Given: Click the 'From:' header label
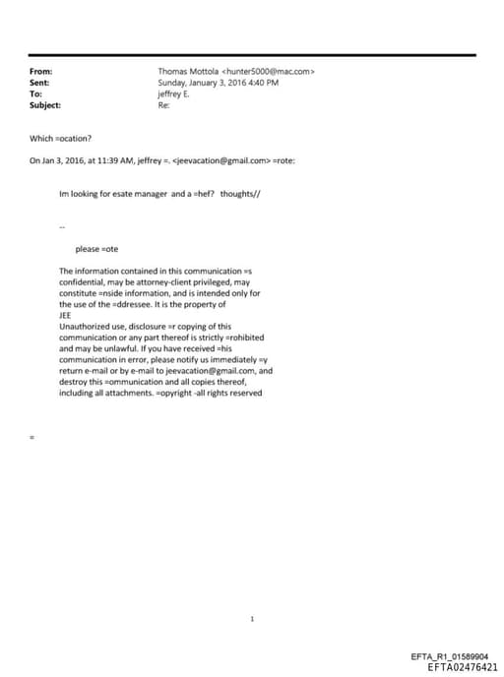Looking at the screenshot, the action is (41, 72).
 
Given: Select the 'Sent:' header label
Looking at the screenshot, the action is (40, 83).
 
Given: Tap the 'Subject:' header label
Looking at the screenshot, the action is (45, 105).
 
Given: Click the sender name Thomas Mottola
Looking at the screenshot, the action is (189, 72).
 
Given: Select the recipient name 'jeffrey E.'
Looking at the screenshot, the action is (173, 94).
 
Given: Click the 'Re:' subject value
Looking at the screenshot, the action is (163, 105).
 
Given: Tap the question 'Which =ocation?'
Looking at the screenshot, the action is (60, 138).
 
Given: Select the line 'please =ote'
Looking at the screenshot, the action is (96, 249).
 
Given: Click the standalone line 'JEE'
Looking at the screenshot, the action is (66, 315).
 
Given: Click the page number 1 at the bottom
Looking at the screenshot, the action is (252, 591).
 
